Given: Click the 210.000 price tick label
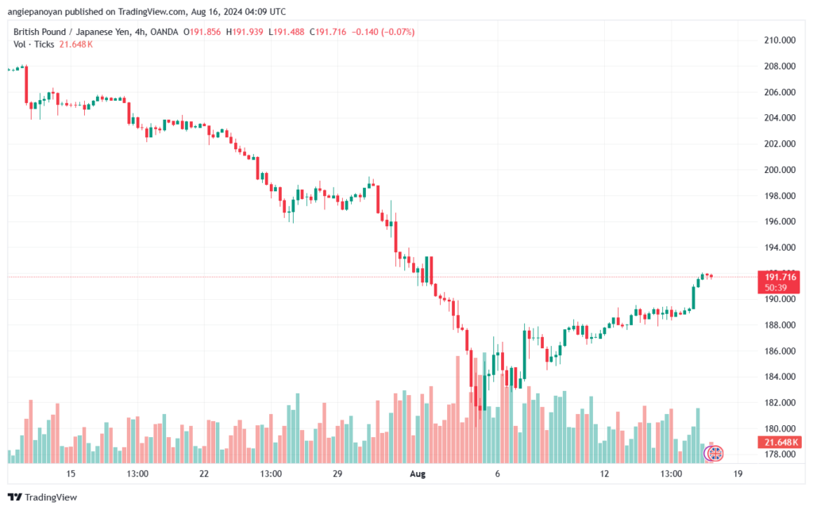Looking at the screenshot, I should click(780, 40).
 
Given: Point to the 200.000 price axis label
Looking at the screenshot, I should click(780, 170).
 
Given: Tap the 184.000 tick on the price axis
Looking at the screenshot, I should click(780, 377).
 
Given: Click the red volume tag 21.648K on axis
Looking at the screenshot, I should click(779, 442).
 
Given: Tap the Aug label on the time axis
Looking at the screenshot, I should click(418, 474).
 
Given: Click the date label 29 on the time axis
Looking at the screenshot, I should click(337, 474).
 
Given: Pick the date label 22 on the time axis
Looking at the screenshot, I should click(204, 474).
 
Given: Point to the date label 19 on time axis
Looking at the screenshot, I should click(738, 474).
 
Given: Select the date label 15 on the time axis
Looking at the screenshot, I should click(71, 474).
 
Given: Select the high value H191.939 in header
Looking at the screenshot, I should click(245, 32).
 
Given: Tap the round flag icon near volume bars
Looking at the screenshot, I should click(715, 454).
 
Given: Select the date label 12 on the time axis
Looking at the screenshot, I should click(605, 474).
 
